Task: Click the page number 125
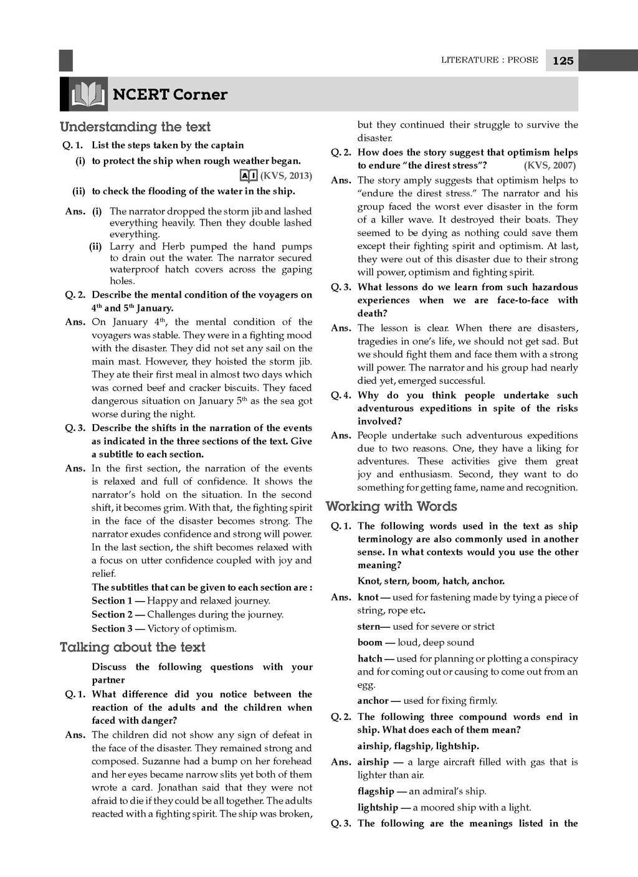[x=563, y=60]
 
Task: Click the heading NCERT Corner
[x=170, y=95]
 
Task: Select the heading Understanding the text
[x=135, y=127]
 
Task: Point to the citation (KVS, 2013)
[x=286, y=176]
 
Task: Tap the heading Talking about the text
[x=132, y=647]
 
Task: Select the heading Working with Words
[x=391, y=506]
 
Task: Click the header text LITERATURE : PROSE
[x=490, y=60]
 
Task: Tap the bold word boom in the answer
[x=370, y=642]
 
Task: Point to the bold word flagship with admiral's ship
[x=376, y=791]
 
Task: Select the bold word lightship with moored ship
[x=378, y=807]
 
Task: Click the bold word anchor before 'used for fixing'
[x=373, y=700]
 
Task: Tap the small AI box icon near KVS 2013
[x=248, y=176]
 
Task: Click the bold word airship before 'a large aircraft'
[x=373, y=762]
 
